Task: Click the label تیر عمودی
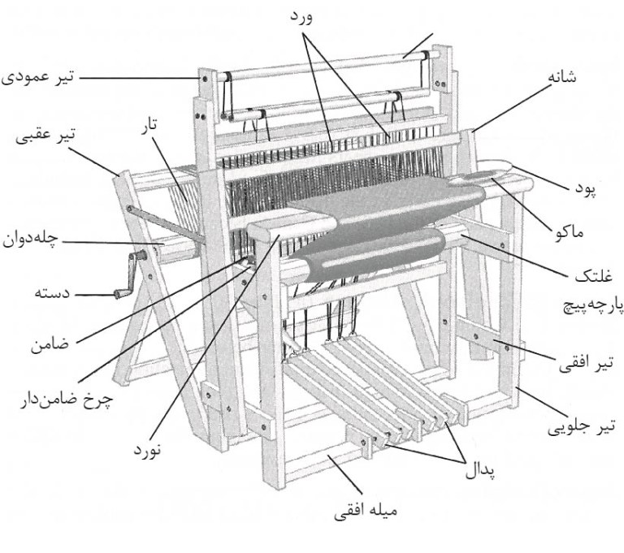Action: coord(37,78)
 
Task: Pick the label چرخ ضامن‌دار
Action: coord(63,400)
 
